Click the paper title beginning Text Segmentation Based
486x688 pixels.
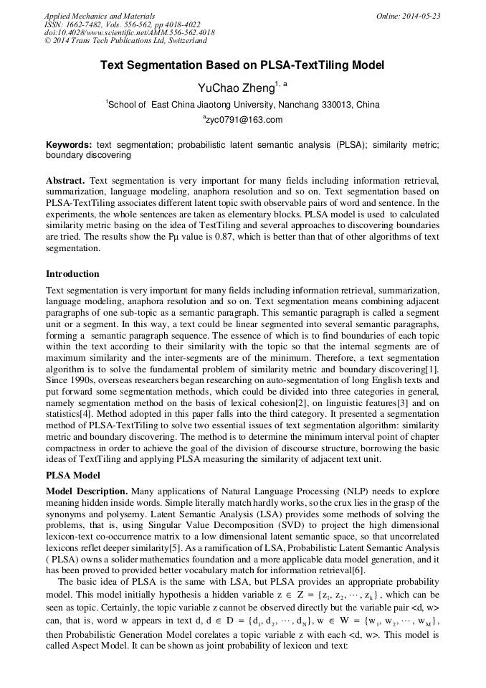(242, 65)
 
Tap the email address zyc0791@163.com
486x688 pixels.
(243, 120)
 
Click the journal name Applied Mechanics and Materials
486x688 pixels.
(100, 16)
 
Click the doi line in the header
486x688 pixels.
(129, 33)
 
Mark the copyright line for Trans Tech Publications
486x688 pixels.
(125, 42)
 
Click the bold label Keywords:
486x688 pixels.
(69, 145)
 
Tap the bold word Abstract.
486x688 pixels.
(65, 179)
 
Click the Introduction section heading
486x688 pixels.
(72, 274)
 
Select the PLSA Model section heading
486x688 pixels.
(73, 475)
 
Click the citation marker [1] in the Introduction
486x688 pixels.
(434, 368)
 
